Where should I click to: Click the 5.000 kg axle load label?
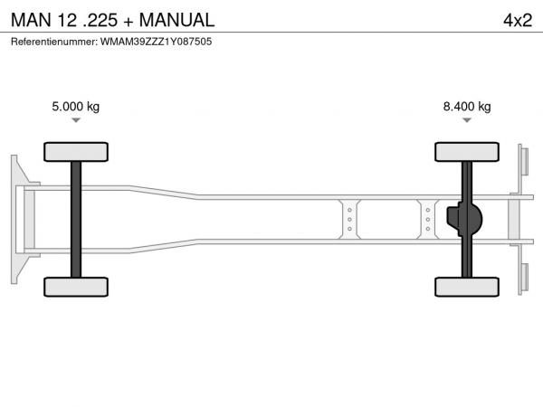pos(75,106)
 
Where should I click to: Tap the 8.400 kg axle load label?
pos(467,106)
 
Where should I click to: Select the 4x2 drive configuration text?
pos(518,20)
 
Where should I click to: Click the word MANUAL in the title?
pos(176,20)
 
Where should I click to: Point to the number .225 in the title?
pos(100,20)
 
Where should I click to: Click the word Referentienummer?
pos(54,42)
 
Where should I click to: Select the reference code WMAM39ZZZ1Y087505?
pos(157,42)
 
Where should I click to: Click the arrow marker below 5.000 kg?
pos(76,120)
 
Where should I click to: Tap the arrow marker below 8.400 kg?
pos(467,120)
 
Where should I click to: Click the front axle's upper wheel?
pos(76,152)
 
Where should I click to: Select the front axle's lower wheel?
pos(76,287)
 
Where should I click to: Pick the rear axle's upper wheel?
pos(467,152)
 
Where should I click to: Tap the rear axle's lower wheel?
pos(467,287)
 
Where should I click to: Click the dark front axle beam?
pos(76,220)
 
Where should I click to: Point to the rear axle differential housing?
pos(464,219)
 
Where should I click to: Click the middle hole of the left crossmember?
pos(349,220)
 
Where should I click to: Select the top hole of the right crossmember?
pos(428,210)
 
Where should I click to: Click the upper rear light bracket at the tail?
pos(524,162)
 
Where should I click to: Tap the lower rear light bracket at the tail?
pos(524,278)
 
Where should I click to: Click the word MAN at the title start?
pos(31,20)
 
